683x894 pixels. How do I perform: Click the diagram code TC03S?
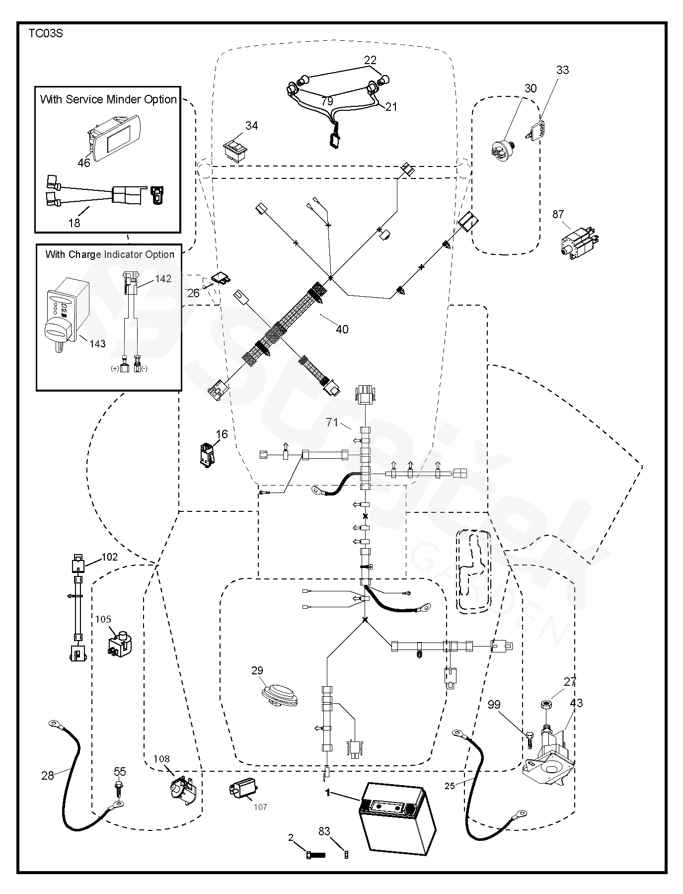click(x=45, y=34)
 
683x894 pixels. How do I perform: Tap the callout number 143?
click(x=97, y=343)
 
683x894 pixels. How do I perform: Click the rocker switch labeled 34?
click(x=234, y=148)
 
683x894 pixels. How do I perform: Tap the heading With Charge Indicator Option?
click(x=109, y=254)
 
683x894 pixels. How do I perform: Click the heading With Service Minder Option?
click(x=108, y=99)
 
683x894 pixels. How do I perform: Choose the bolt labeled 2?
click(x=314, y=854)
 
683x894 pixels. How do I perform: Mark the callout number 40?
click(x=342, y=329)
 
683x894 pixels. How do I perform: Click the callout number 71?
click(x=332, y=422)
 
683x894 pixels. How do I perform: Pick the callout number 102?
click(x=109, y=557)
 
